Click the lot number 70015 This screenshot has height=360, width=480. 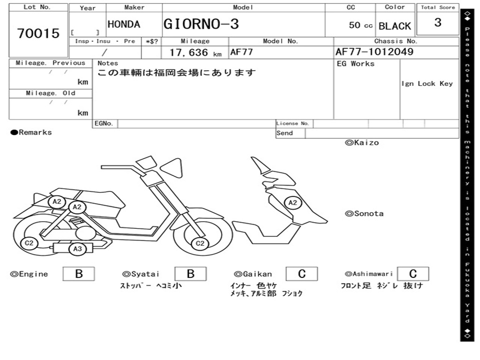38,33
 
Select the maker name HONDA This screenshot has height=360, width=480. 124,24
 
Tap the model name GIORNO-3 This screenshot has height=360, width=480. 201,24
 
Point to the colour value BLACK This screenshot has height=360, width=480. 395,26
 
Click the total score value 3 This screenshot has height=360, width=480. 437,22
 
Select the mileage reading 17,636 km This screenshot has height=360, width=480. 195,52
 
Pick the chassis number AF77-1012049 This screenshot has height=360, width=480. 375,52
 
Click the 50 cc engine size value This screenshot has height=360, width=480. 360,25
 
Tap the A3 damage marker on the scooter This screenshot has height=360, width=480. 77,249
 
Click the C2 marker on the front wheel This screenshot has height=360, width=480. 200,243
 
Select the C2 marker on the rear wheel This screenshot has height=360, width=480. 29,243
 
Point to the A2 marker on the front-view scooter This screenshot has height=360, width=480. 292,202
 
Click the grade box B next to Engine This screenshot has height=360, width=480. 79,274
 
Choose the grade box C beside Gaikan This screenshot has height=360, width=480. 301,274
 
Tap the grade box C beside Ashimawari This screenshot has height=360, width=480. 412,274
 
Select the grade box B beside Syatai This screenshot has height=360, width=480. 190,274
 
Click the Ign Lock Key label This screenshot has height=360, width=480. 427,83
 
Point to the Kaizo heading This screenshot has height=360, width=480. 362,142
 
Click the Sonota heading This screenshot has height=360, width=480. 364,214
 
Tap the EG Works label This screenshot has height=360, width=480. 356,64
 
